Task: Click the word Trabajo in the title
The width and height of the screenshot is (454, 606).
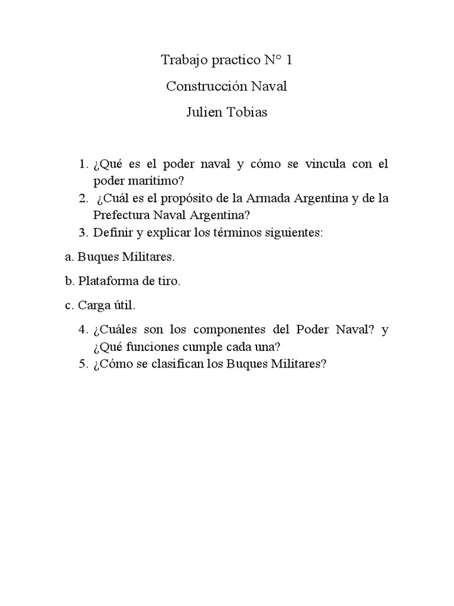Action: (x=182, y=60)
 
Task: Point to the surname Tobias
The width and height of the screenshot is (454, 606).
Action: (x=245, y=112)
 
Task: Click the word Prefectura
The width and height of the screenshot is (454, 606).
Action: (x=121, y=215)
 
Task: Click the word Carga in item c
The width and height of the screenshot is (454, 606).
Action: (x=91, y=306)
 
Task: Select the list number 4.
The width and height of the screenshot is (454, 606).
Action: (x=82, y=330)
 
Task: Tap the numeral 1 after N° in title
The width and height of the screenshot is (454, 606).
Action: (x=288, y=60)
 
